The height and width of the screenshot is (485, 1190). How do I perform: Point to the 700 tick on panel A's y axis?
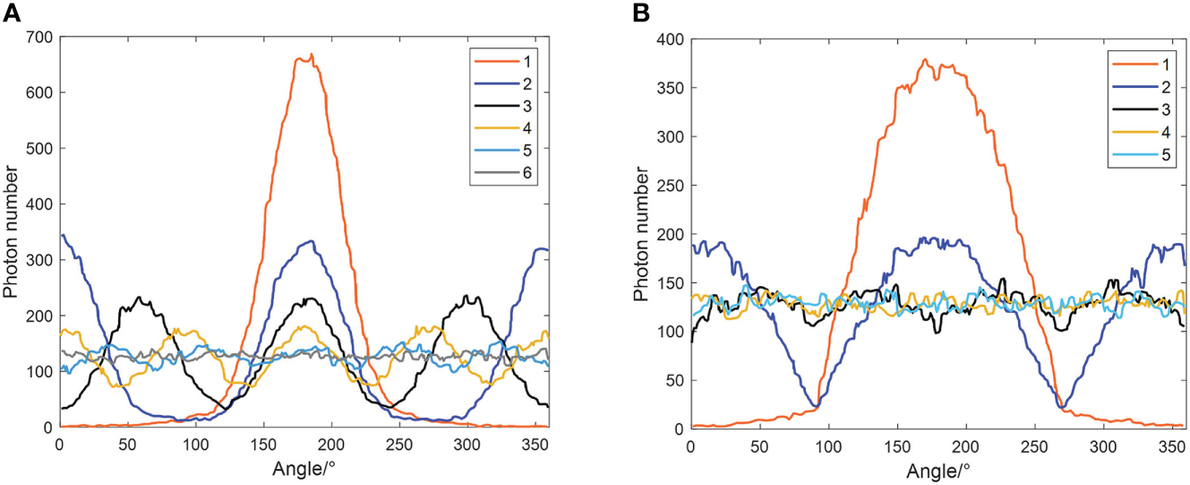pos(39,37)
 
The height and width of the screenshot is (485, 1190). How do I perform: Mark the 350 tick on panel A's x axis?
pos(535,444)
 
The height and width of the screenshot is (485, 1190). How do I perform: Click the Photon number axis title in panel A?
pos(12,231)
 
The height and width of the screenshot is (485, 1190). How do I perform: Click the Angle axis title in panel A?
pos(304,469)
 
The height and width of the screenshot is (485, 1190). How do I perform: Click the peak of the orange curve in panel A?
pos(311,56)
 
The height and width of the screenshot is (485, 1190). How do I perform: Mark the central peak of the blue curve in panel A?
pos(310,241)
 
